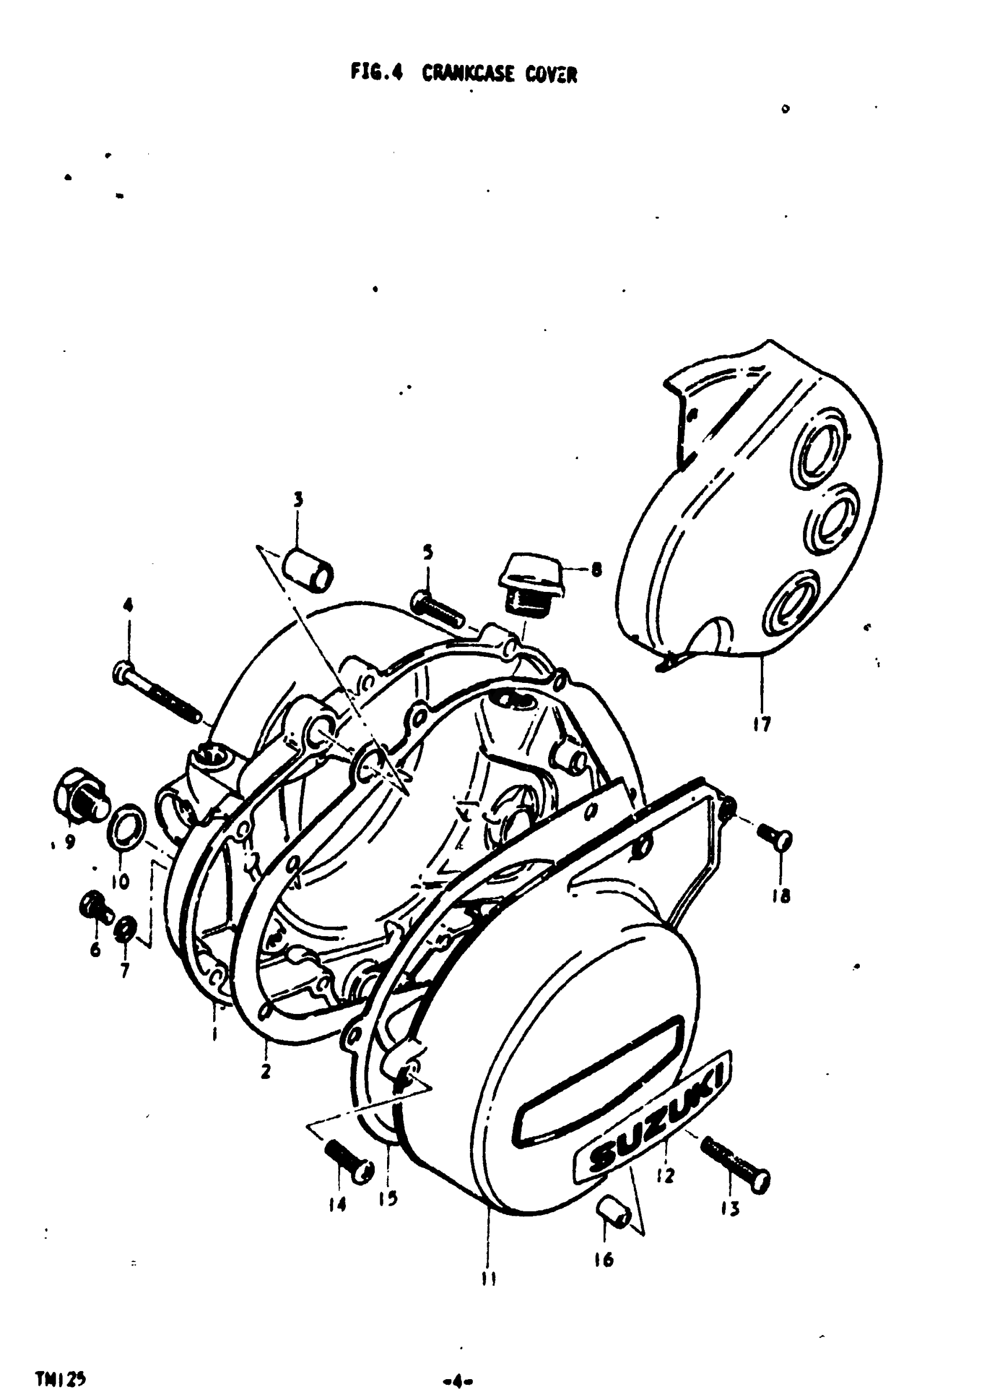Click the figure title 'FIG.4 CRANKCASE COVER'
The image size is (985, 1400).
pos(464,74)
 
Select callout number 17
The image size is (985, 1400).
pos(761,725)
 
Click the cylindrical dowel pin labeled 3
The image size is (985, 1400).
pos(309,569)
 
